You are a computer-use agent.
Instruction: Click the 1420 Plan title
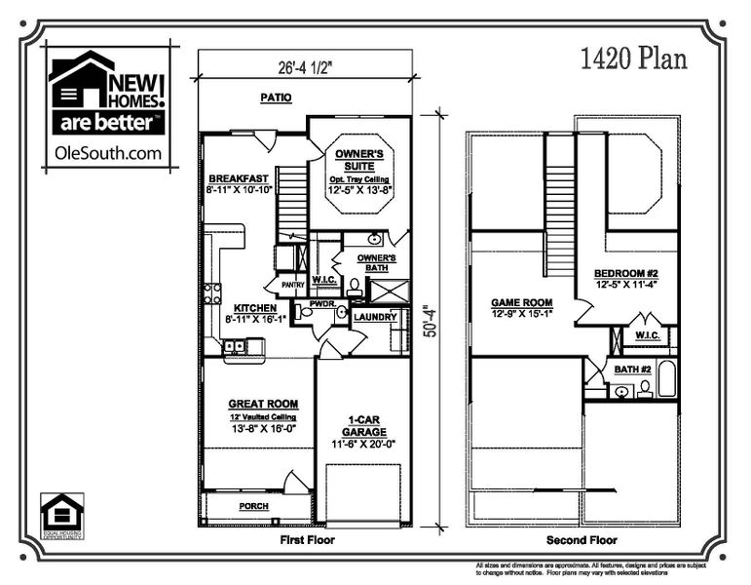pos(633,59)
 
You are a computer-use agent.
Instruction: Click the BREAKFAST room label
pos(238,178)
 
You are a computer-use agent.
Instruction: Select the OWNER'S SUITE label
pos(358,160)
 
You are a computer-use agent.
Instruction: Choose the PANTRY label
pos(293,285)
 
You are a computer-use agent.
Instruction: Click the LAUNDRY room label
pos(374,317)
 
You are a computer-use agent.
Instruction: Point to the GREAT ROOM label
pos(263,403)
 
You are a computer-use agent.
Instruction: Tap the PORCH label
pos(253,506)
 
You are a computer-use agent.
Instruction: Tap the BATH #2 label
pos(632,370)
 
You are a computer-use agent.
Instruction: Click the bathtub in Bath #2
pos(667,378)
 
